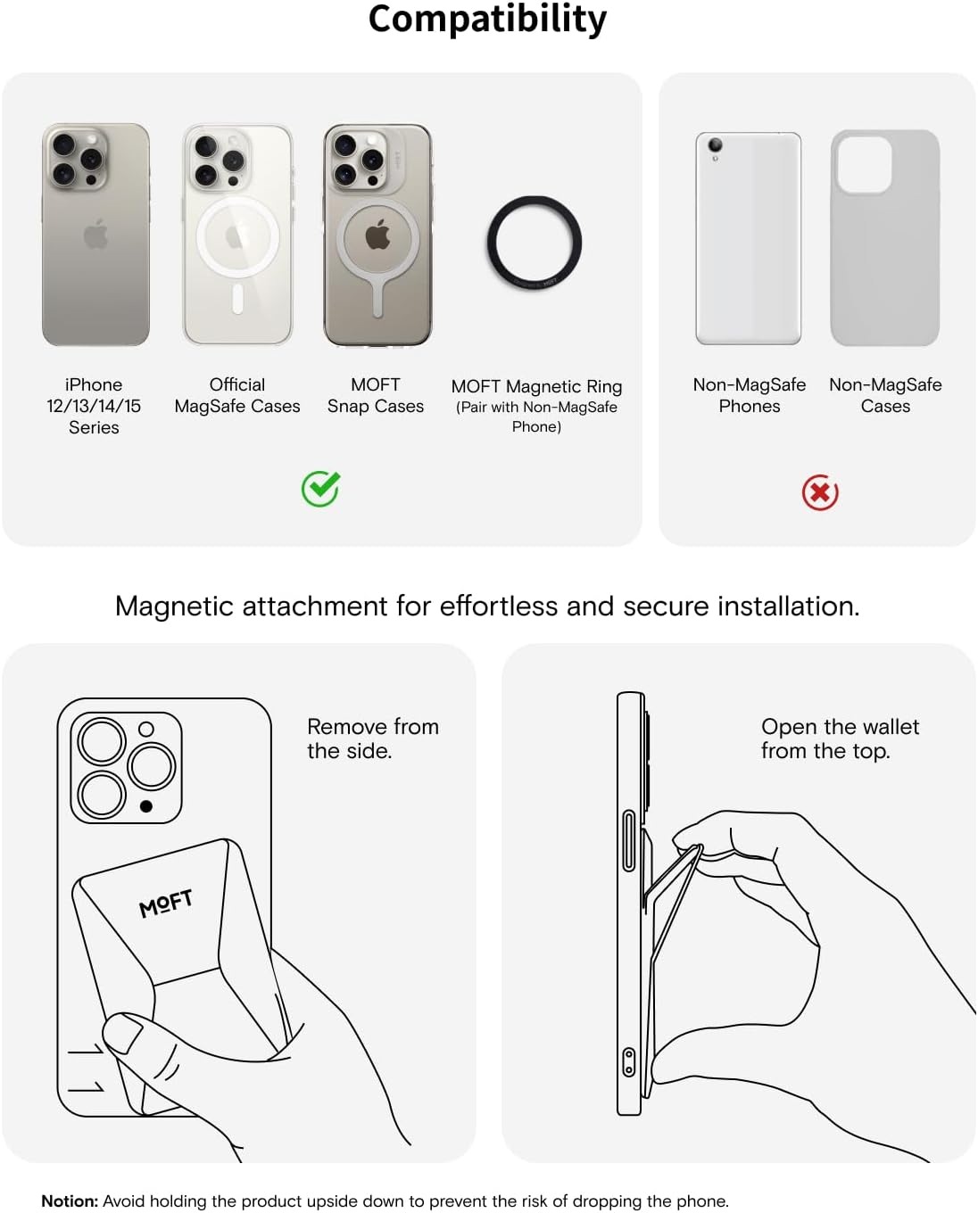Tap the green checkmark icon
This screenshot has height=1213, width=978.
click(321, 488)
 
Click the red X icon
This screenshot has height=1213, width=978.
click(819, 492)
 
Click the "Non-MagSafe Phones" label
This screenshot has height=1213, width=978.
click(749, 395)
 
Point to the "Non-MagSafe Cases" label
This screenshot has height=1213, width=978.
click(885, 395)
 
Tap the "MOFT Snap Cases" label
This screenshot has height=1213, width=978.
click(375, 395)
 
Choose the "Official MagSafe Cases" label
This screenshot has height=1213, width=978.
click(236, 395)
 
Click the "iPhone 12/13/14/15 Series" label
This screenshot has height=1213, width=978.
click(94, 406)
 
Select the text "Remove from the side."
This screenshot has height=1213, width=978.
click(373, 739)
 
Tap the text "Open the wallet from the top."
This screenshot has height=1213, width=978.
click(840, 739)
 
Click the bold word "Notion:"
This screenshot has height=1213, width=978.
click(70, 1201)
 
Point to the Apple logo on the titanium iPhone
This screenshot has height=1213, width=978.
click(95, 234)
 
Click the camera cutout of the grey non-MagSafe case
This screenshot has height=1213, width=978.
click(864, 164)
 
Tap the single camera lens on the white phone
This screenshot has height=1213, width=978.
click(715, 144)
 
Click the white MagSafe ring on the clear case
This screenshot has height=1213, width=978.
click(237, 198)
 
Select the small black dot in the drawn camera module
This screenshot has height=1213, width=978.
click(146, 806)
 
